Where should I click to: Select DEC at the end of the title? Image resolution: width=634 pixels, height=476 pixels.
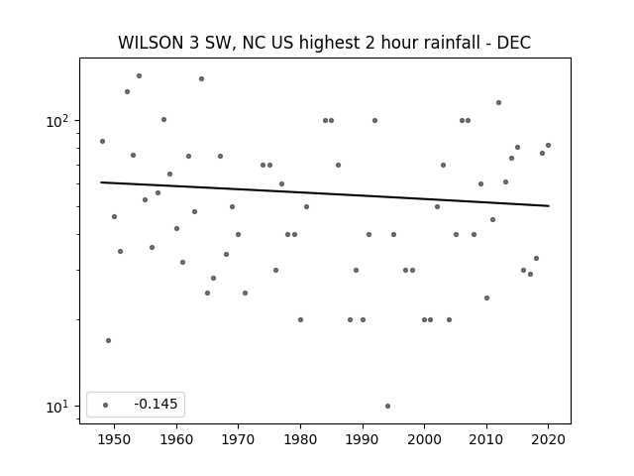513,43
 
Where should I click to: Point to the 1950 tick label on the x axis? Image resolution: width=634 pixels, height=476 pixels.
114,439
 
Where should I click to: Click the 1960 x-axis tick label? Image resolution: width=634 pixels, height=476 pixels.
176,439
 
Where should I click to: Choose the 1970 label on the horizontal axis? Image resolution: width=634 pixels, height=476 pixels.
238,439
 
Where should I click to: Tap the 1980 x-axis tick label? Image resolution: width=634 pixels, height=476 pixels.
300,439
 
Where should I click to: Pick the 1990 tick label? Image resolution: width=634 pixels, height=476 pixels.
363,439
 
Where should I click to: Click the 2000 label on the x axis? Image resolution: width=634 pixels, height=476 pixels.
425,439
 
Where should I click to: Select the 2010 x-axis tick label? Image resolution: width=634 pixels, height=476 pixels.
486,439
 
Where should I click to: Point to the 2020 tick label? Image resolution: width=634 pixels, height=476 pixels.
549,439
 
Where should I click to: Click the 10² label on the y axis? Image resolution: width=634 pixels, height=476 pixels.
57,121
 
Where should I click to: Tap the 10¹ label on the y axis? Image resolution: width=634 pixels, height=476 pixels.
57,407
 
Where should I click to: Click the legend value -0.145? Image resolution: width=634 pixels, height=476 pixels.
156,404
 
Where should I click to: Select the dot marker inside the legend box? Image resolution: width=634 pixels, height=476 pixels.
106,405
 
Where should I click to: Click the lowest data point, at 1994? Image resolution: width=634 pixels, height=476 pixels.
387,406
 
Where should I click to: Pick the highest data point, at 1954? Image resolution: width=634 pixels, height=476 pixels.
139,75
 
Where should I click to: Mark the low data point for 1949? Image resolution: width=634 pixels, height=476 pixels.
108,340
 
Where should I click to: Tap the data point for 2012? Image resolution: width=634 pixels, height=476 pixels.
498,102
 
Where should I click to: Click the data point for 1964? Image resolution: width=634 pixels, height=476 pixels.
201,78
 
